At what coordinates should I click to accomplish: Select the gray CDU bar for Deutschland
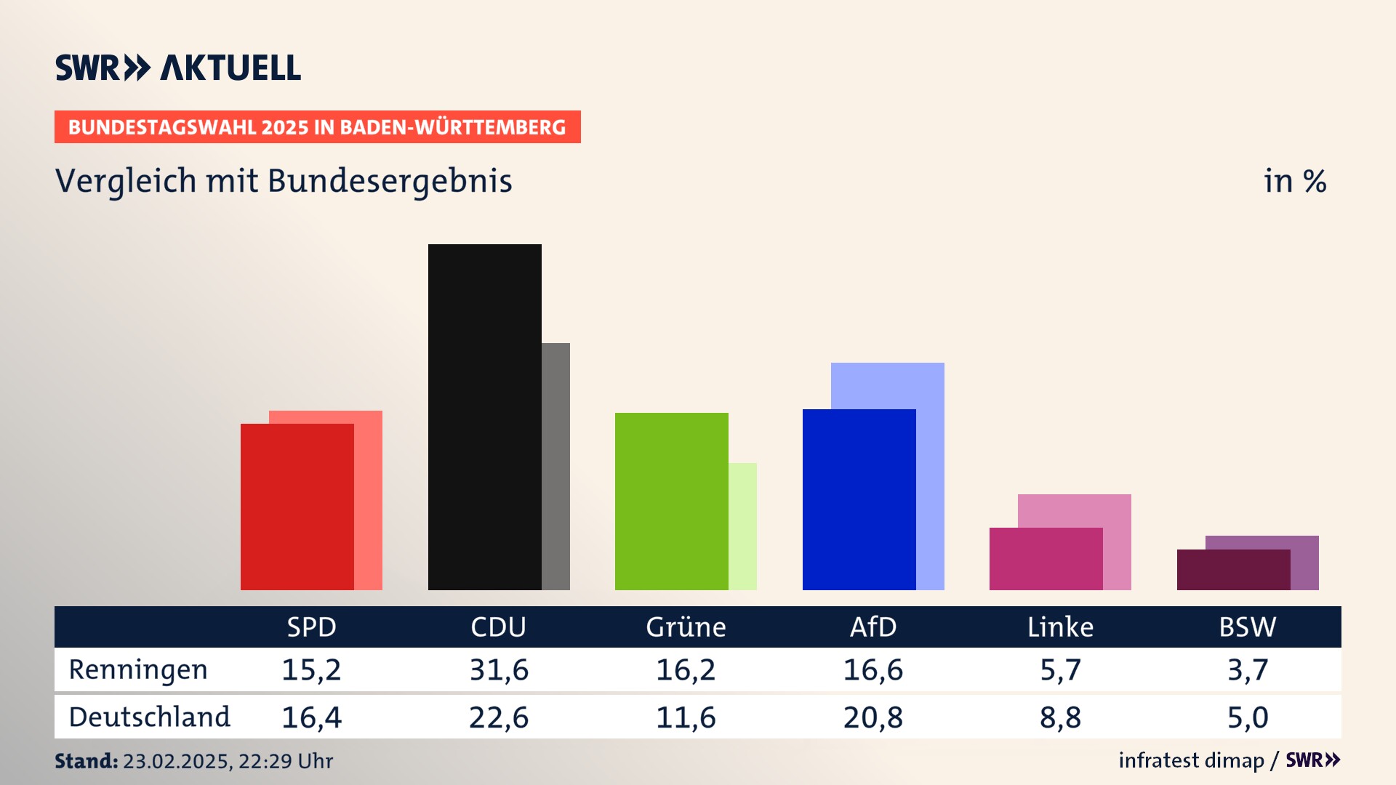point(555,466)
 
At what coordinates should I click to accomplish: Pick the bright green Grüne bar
point(671,501)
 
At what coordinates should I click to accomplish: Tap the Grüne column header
point(686,627)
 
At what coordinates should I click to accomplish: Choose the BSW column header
point(1247,627)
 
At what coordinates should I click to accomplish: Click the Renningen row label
point(138,669)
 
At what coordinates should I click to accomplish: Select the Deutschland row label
point(149,717)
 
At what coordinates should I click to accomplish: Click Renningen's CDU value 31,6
point(499,669)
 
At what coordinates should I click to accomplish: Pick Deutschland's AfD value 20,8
point(872,717)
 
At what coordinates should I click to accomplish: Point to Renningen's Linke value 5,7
point(1060,669)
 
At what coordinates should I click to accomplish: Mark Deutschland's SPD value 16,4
point(311,717)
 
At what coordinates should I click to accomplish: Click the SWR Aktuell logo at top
point(178,68)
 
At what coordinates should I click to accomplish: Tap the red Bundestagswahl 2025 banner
point(317,127)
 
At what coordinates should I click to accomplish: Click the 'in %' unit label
point(1294,181)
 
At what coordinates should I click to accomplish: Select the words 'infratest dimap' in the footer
point(1191,760)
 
